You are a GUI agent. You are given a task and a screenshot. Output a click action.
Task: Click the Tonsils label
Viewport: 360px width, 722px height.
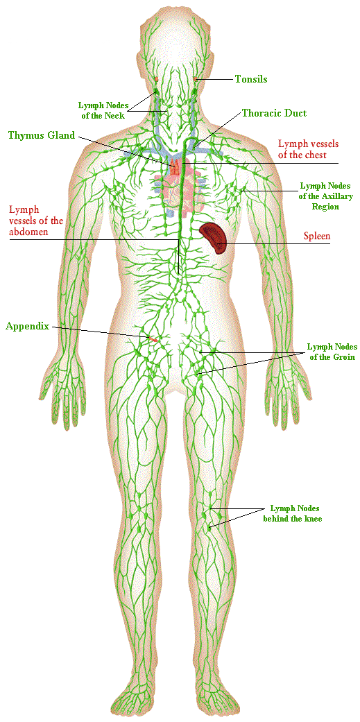click(x=251, y=79)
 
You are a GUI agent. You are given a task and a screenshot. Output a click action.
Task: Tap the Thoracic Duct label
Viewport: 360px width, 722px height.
click(x=275, y=113)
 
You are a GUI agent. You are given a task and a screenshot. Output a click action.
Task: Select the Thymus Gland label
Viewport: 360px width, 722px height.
click(x=41, y=135)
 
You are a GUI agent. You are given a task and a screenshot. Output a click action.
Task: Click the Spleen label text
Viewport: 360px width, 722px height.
click(x=317, y=237)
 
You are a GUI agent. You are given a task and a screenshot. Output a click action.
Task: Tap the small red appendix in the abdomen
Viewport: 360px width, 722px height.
click(x=153, y=339)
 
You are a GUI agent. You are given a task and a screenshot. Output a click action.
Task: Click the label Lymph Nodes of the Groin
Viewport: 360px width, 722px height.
click(x=330, y=351)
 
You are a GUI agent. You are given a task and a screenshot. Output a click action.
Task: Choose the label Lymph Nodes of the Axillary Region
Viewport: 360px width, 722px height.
click(x=326, y=196)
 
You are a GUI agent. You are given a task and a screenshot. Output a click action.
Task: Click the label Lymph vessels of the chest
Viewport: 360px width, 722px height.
click(x=302, y=149)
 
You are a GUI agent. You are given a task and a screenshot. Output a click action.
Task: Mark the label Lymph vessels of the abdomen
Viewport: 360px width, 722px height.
click(x=36, y=221)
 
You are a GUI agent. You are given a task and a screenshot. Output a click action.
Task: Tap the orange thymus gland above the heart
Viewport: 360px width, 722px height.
click(x=175, y=166)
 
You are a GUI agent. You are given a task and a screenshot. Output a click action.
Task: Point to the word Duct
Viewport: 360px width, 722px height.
click(x=296, y=113)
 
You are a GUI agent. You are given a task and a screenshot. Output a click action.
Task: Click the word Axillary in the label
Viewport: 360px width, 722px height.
click(x=338, y=196)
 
